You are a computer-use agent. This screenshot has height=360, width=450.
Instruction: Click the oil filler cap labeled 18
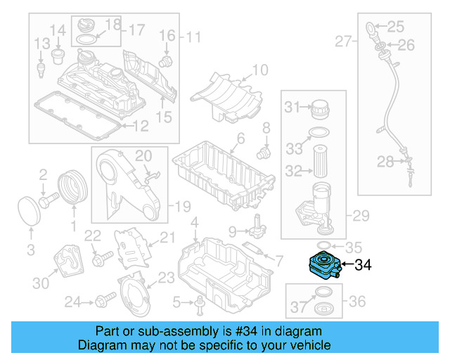coord(88,25)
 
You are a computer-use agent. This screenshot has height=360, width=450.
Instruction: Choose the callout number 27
coord(342,41)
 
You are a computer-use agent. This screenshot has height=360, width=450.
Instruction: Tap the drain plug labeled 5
coord(200,304)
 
